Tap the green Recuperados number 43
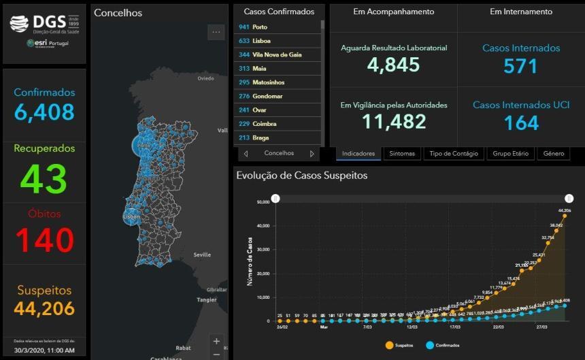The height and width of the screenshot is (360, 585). [x=44, y=178]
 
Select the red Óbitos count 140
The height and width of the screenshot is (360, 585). [x=44, y=240]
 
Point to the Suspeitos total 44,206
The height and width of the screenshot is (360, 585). [x=44, y=308]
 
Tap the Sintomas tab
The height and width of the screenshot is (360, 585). [x=401, y=154]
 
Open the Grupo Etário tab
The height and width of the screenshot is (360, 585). [x=511, y=154]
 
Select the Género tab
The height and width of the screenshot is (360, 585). [x=554, y=154]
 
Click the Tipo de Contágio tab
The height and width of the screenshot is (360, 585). [x=454, y=154]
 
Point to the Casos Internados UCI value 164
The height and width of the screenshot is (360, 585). [x=521, y=122]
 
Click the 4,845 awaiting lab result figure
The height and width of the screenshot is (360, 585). [x=393, y=65]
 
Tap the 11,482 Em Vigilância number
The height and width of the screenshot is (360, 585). [x=394, y=122]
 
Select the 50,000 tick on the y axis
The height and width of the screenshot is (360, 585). [x=263, y=201]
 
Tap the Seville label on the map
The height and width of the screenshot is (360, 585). [x=202, y=255]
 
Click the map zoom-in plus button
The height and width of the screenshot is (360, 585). [x=216, y=341]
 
